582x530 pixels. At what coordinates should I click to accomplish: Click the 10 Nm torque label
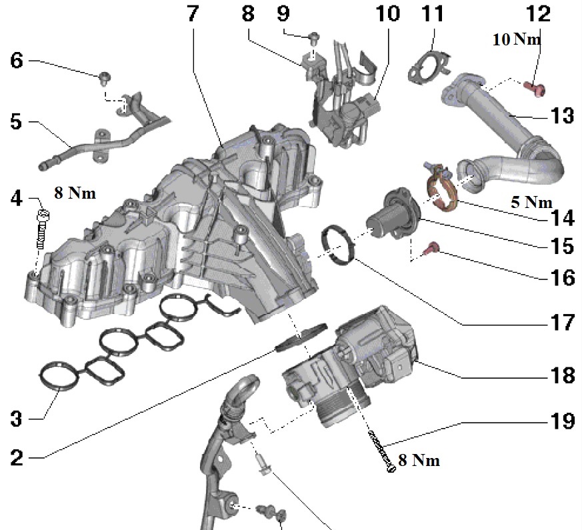tap(517, 39)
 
